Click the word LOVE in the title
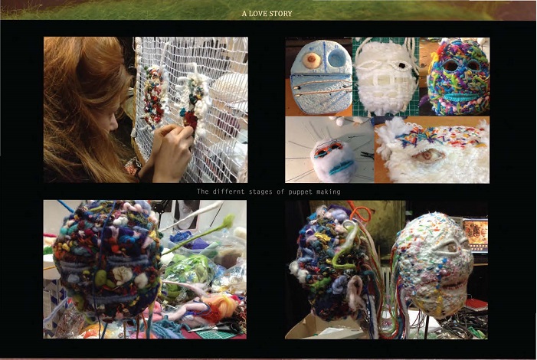pyautogui.click(x=258, y=14)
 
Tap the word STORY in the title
pyautogui.click(x=281, y=14)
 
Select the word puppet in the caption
pyautogui.click(x=300, y=191)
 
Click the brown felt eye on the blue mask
pyautogui.click(x=311, y=60)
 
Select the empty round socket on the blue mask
pyautogui.click(x=337, y=58)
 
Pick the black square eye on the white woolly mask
pyautogui.click(x=401, y=65)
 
